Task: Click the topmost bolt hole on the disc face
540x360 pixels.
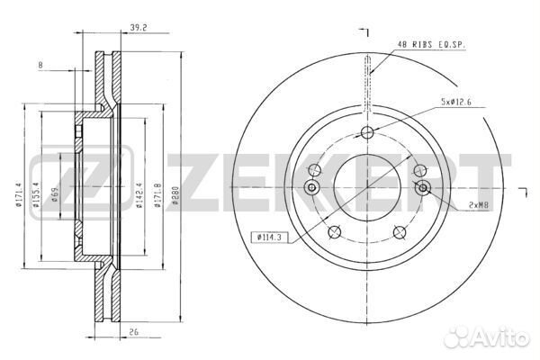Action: [367, 134]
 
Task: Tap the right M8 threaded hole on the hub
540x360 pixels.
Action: [423, 187]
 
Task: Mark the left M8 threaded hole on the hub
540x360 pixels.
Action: [311, 187]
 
